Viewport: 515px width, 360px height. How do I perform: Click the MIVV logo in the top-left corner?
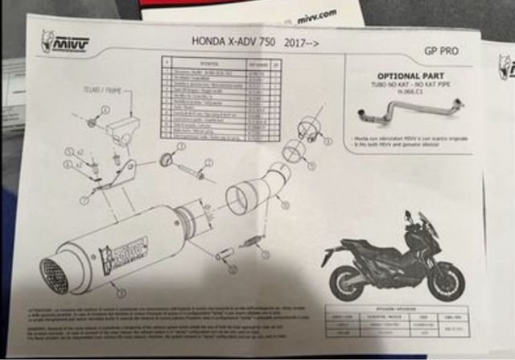point(65,42)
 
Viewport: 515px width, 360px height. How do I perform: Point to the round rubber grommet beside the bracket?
point(167,158)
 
